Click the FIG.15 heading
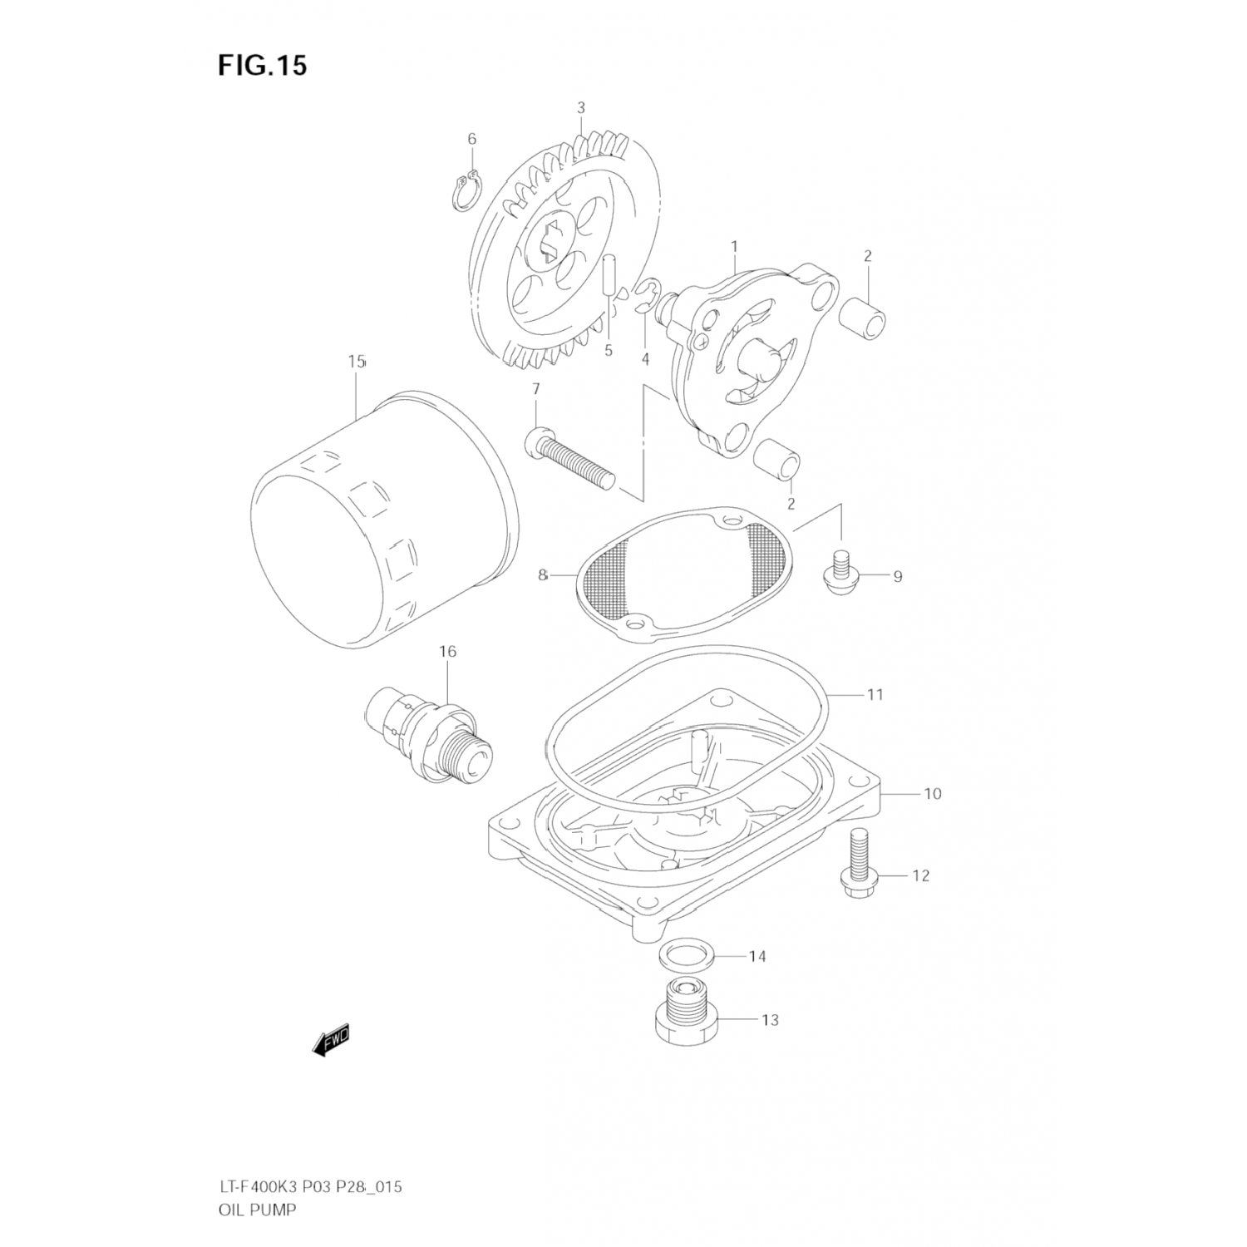[263, 65]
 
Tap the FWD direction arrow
[332, 1039]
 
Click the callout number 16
[447, 652]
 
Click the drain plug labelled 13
[685, 1013]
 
